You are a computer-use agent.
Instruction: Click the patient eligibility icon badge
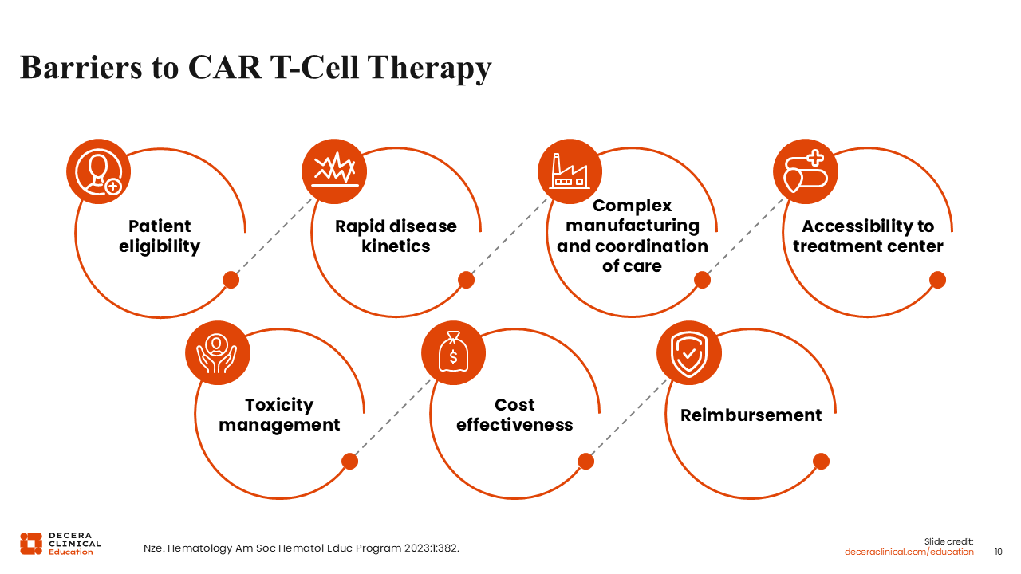(98, 171)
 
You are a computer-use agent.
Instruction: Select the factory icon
(570, 171)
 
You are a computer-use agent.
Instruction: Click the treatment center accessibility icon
(806, 171)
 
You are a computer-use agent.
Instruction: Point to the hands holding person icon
(218, 353)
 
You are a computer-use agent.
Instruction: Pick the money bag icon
(453, 353)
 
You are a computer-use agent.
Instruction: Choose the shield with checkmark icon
(688, 353)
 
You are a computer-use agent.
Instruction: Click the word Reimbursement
(751, 415)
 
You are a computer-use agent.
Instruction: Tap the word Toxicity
(279, 405)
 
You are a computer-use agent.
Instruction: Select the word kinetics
(396, 246)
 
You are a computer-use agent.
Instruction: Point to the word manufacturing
(633, 226)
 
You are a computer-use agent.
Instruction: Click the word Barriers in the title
(81, 68)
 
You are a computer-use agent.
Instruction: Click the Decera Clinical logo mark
(31, 544)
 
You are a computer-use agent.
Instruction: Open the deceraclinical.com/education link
(909, 552)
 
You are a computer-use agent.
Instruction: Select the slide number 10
(998, 552)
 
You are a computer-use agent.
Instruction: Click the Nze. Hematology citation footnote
(302, 548)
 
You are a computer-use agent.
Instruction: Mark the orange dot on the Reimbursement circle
(821, 462)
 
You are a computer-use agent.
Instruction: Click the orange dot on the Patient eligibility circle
(231, 280)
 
